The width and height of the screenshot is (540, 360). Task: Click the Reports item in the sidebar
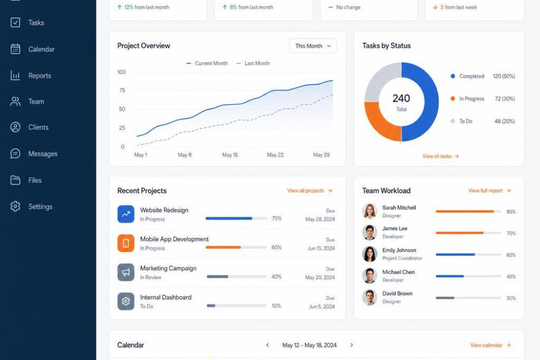31,75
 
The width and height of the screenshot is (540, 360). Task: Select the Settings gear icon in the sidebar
15,206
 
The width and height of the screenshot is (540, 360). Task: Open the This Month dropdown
313,46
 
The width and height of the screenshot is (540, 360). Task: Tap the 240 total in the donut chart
401,99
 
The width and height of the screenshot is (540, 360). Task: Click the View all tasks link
440,156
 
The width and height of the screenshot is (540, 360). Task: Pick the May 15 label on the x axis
230,155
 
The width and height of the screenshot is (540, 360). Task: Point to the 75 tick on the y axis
122,90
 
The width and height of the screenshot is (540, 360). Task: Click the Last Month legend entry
253,63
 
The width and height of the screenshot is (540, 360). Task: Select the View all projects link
309,191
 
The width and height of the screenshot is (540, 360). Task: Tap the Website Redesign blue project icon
126,214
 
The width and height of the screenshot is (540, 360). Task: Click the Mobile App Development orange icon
126,243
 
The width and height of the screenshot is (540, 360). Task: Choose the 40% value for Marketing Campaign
276,277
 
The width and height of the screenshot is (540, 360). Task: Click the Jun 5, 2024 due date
321,306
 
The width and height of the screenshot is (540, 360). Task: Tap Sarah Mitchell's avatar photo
370,211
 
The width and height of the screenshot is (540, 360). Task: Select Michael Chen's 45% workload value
511,277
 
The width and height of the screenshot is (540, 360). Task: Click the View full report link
489,191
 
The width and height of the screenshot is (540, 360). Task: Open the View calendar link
490,345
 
